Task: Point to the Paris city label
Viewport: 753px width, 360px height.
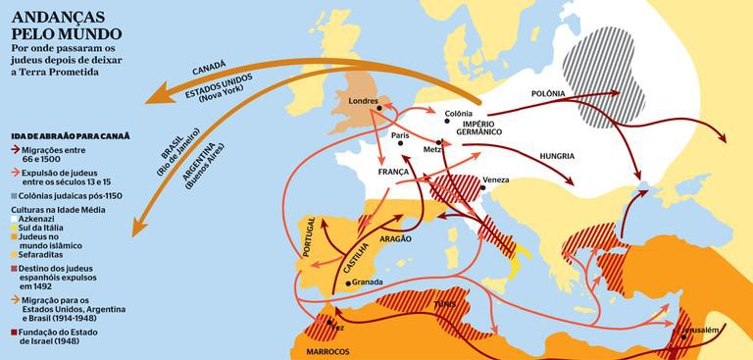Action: (398, 135)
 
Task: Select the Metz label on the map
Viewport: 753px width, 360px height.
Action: (431, 150)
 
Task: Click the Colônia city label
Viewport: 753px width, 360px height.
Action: (459, 115)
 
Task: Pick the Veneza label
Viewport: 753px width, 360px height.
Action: (496, 180)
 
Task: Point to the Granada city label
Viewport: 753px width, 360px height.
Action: (367, 282)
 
